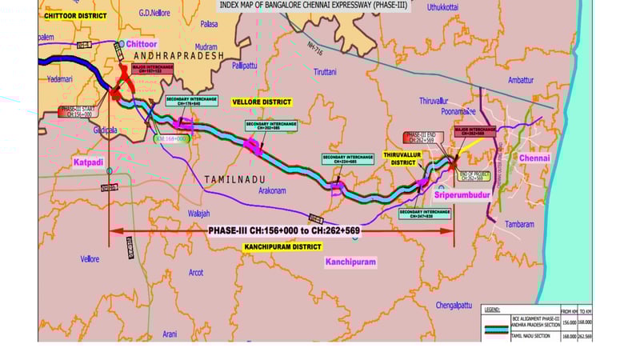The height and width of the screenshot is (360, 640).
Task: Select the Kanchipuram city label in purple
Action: [350, 262]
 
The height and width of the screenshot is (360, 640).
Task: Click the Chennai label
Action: [534, 158]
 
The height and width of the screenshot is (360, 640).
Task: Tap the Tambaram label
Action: [519, 225]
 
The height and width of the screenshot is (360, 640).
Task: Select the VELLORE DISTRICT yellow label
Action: [262, 102]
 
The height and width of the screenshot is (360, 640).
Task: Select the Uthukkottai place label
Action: [445, 7]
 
